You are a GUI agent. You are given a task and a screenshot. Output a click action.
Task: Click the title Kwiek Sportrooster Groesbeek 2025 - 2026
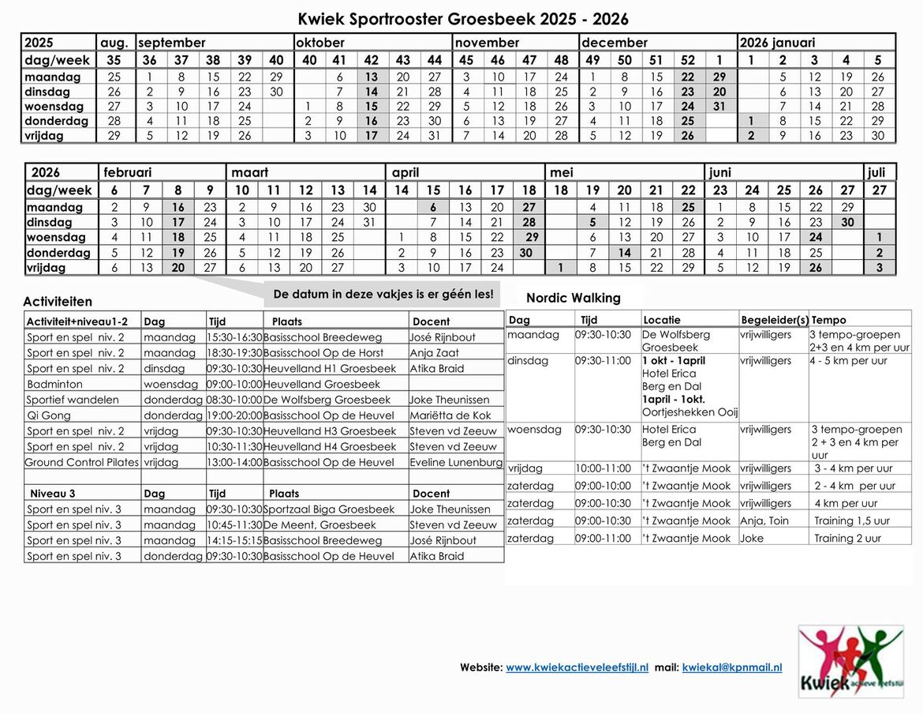pos(463,18)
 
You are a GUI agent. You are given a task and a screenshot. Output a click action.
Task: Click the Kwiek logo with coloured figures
pos(850,661)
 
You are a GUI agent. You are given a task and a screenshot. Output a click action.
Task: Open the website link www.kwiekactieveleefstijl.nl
pos(577,667)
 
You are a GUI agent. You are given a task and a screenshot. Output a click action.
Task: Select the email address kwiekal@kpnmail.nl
pos(732,667)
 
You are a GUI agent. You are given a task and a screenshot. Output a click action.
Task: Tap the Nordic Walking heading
pos(574,298)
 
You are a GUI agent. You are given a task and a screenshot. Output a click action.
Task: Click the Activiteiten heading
pos(58,301)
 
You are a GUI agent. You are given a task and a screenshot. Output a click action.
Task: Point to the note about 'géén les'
pos(383,294)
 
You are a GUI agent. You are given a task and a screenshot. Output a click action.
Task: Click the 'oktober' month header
pos(321,43)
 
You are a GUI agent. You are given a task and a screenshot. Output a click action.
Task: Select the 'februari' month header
pos(127,172)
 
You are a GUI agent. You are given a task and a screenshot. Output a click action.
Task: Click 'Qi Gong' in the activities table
pos(49,415)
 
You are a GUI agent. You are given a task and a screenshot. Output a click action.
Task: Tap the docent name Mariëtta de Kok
pos(450,415)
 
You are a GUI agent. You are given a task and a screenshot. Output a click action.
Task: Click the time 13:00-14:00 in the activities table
pos(234,462)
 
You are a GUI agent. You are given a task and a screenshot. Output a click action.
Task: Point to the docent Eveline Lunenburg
pos(456,462)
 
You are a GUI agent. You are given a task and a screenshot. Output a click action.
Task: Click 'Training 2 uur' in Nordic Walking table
pos(848,538)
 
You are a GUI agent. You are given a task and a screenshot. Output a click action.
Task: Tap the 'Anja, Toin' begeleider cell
pos(764,520)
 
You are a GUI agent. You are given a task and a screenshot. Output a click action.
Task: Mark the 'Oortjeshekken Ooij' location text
pos(689,412)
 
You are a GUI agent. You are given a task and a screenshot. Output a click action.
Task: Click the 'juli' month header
pos(876,172)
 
